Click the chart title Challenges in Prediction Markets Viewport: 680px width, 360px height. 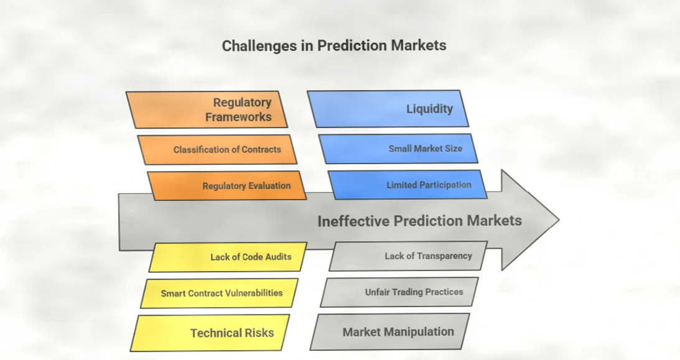[333, 45]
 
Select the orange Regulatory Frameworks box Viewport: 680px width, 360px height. [207, 109]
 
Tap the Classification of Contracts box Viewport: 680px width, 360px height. [217, 149]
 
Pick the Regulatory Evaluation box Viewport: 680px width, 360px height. [228, 185]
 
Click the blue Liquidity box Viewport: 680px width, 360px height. [389, 109]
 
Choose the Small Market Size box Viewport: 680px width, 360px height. [399, 149]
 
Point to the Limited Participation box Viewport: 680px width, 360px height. [408, 185]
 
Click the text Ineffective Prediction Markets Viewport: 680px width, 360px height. [419, 221]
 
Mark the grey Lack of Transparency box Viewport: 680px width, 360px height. [409, 256]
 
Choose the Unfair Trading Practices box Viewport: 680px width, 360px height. [400, 292]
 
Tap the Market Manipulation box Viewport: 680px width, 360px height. [390, 331]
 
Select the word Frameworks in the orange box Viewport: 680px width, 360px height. [238, 117]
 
